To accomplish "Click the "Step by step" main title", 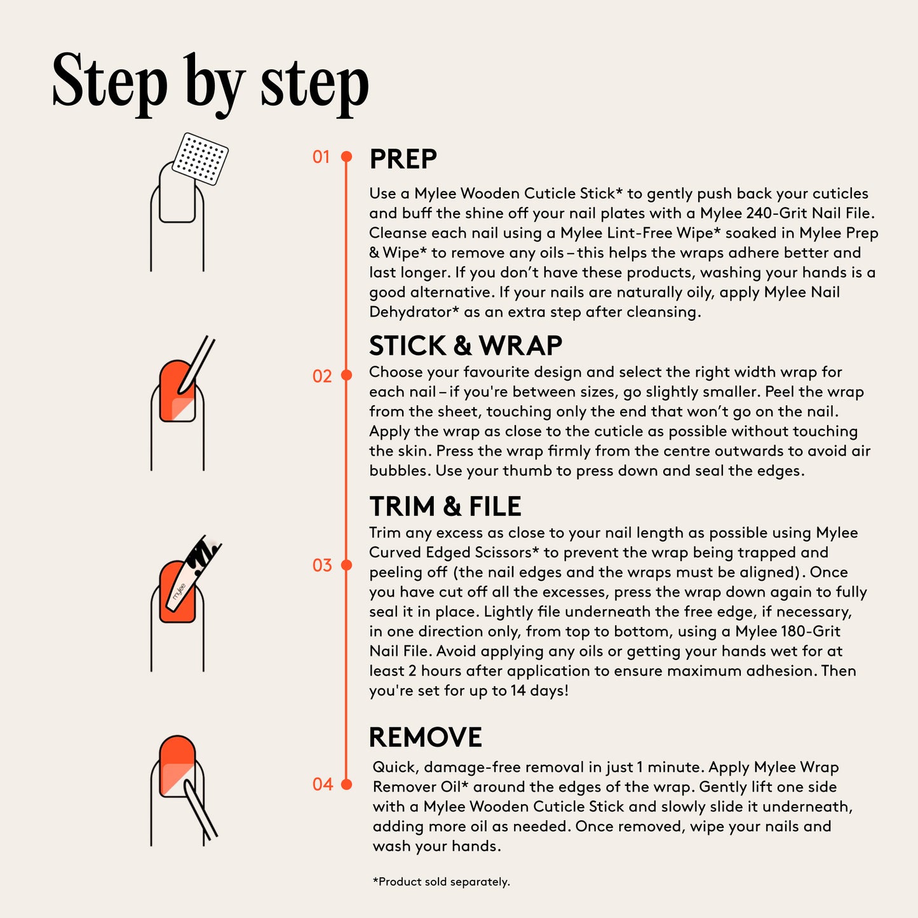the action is point(210,84).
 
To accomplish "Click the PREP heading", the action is point(403,159).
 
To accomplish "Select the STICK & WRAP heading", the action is point(466,346).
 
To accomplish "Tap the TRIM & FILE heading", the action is point(445,506).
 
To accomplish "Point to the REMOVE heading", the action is point(426,737).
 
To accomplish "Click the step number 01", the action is point(321,157).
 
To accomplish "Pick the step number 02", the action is point(322,376).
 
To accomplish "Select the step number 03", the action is point(322,565).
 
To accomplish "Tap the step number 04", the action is point(323,785).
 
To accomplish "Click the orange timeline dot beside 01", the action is point(347,156).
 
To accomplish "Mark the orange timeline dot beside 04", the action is point(347,785).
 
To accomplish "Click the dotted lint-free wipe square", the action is point(200,159).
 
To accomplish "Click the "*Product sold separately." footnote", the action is point(441,882).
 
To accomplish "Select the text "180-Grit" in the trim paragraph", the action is point(811,631).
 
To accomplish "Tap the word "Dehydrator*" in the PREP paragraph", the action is point(414,312).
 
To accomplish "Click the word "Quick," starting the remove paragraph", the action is point(395,767).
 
